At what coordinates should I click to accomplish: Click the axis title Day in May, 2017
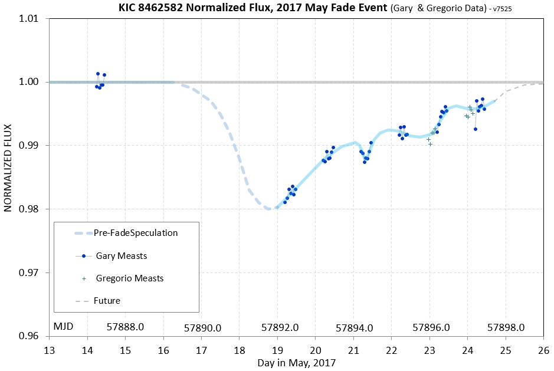[296, 363]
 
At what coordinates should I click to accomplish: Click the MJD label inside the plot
[64, 326]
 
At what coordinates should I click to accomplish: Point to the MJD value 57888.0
[126, 326]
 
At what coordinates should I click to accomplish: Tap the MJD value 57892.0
[280, 327]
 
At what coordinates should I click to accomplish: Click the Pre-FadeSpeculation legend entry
[136, 233]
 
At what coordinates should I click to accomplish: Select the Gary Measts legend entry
[121, 256]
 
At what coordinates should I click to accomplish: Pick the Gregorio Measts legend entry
[129, 278]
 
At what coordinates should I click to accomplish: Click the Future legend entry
[107, 301]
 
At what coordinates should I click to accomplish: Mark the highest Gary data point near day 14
[98, 74]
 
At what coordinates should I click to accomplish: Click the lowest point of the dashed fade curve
[268, 209]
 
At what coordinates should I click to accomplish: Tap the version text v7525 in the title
[518, 8]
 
